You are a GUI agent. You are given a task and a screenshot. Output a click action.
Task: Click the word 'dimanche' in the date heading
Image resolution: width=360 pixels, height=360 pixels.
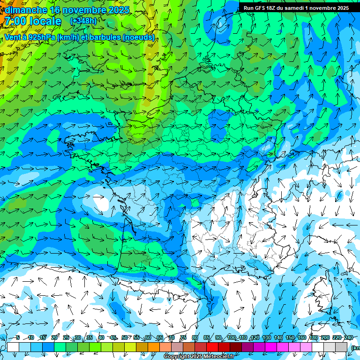[x=23, y=10]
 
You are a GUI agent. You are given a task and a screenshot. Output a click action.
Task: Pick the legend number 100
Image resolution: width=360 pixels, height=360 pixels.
[x=232, y=337]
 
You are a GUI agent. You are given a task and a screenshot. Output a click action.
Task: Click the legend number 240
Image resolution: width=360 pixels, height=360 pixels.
[x=348, y=337]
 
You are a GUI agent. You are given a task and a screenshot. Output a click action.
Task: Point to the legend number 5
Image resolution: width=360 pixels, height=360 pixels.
[x=18, y=337]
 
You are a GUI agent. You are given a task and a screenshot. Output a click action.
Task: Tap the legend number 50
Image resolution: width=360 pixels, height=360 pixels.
[x=125, y=337]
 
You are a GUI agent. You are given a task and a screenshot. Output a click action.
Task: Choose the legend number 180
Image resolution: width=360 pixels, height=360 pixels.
[x=314, y=337]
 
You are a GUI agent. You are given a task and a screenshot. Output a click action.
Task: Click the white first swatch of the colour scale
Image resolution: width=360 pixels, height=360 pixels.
[x=13, y=347]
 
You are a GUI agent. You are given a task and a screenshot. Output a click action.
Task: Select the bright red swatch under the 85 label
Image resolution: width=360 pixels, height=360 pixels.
[x=212, y=347]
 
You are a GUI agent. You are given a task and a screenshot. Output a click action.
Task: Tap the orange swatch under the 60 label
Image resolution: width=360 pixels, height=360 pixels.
[x=154, y=347]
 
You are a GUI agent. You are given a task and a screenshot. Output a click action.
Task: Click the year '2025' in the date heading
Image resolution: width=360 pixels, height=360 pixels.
[x=119, y=10]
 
